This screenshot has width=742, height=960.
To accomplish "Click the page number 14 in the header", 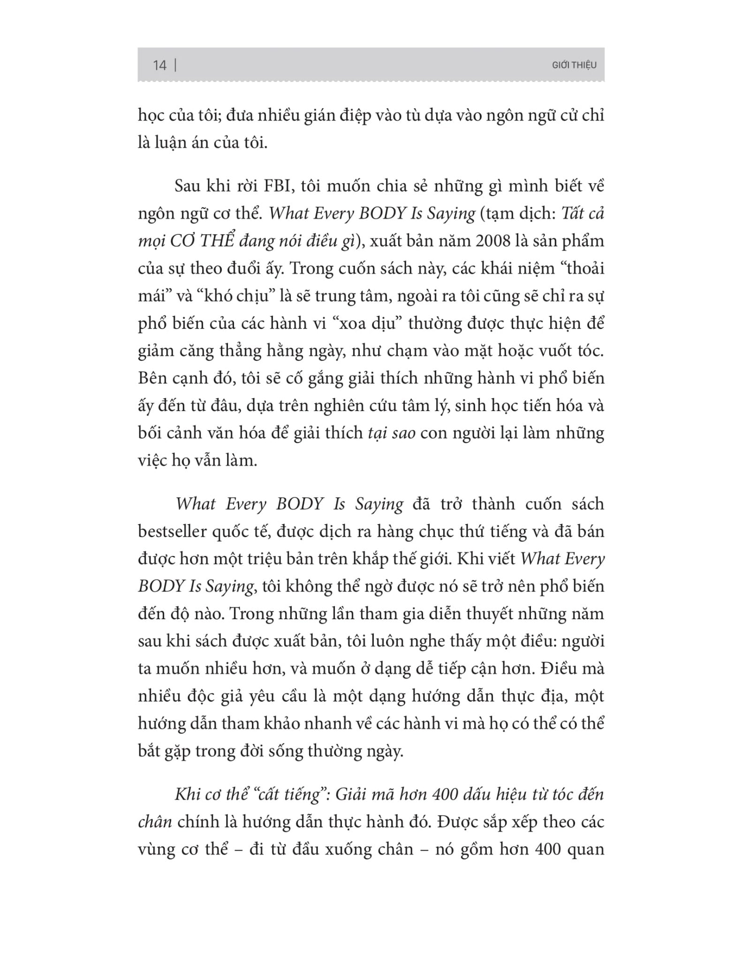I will pyautogui.click(x=159, y=65).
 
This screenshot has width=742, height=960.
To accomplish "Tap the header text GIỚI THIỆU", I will pyautogui.click(x=574, y=65).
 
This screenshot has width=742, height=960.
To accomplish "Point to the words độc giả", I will pyautogui.click(x=222, y=696).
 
